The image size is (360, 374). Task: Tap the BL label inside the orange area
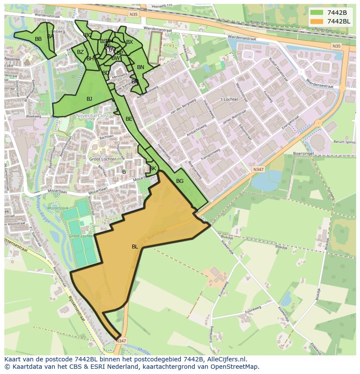pos(135,247)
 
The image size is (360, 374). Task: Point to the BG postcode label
pos(180,181)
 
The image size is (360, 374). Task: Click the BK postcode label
pos(153,169)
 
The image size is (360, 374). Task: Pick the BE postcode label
pos(129,119)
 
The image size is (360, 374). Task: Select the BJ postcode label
pos(89,99)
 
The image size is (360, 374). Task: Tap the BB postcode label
pos(38,39)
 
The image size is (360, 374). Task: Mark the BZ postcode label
pos(80,52)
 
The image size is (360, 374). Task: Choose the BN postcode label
pos(140,67)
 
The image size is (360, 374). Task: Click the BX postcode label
pos(130,42)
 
